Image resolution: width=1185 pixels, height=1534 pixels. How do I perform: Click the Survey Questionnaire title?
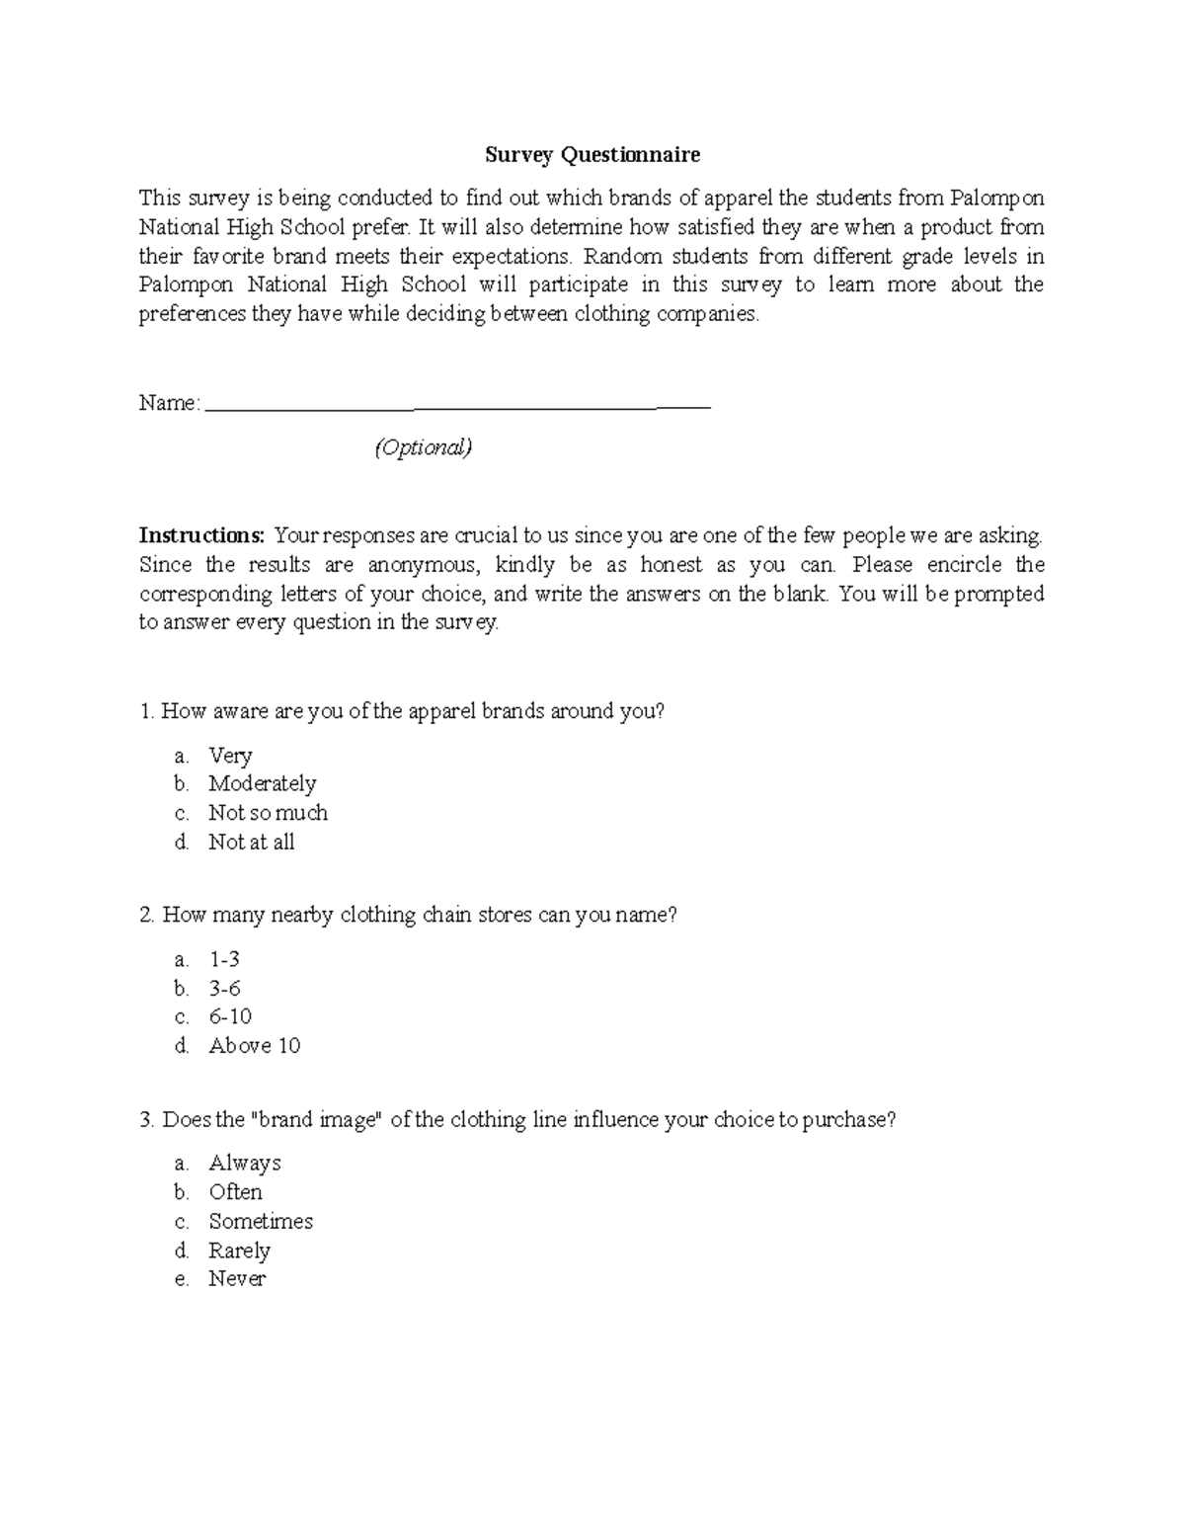[592, 155]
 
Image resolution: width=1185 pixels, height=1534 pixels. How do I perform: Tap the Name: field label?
[170, 403]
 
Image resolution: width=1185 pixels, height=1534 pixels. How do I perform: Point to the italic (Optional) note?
[423, 447]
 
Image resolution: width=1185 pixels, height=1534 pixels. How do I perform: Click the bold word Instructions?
[201, 535]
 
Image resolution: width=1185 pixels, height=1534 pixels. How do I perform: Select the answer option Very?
[230, 756]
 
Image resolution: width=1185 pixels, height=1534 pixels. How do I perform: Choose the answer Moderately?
[262, 784]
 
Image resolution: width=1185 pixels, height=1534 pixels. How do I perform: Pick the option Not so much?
[268, 813]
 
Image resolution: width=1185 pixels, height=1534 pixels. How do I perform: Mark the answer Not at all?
[251, 843]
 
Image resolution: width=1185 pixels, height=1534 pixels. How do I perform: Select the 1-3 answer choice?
[224, 959]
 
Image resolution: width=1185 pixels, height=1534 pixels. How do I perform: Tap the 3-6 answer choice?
[224, 989]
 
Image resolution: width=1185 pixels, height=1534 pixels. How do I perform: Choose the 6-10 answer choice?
[230, 1016]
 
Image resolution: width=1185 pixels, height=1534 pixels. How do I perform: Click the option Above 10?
[254, 1046]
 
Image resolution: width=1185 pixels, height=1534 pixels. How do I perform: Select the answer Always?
[245, 1164]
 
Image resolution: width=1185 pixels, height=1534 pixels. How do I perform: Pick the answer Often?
[235, 1192]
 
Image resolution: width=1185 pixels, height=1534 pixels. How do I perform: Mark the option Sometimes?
[261, 1222]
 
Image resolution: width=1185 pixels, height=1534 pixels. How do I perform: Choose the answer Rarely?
[239, 1251]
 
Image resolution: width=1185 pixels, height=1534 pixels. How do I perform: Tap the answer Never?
[237, 1279]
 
